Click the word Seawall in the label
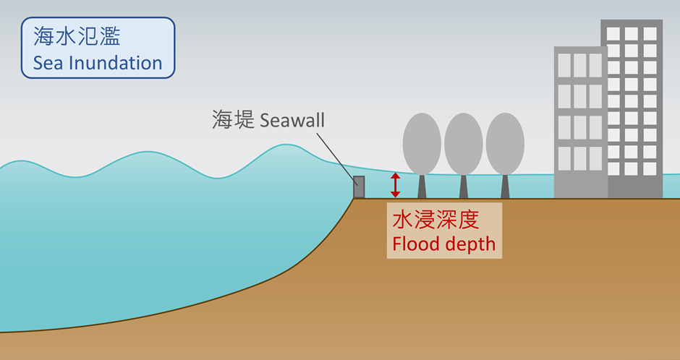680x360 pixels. [x=291, y=120]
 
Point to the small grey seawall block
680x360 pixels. [x=358, y=187]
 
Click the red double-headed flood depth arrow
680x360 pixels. [x=395, y=185]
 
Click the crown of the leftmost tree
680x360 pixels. [x=422, y=143]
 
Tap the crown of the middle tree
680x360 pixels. [x=463, y=143]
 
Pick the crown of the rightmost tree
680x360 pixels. [x=505, y=143]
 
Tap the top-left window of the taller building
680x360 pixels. [x=613, y=34]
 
